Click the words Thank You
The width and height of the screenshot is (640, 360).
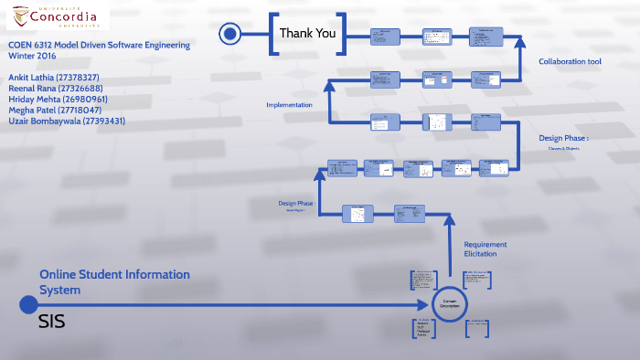pyautogui.click(x=307, y=34)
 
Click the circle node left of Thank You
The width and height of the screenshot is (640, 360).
pyautogui.click(x=230, y=35)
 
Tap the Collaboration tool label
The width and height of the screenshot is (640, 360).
pyautogui.click(x=570, y=62)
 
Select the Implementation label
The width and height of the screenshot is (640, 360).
pyautogui.click(x=289, y=105)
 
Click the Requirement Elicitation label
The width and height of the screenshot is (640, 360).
pyautogui.click(x=485, y=249)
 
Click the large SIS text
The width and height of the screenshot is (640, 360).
pyautogui.click(x=52, y=323)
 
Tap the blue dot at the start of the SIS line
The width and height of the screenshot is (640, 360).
pyautogui.click(x=28, y=304)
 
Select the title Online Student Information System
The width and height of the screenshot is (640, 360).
pyautogui.click(x=114, y=281)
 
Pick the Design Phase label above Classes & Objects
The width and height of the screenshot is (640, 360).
pyautogui.click(x=563, y=139)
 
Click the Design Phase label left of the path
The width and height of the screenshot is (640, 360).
pyautogui.click(x=296, y=203)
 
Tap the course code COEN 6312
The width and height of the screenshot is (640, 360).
pyautogui.click(x=34, y=45)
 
